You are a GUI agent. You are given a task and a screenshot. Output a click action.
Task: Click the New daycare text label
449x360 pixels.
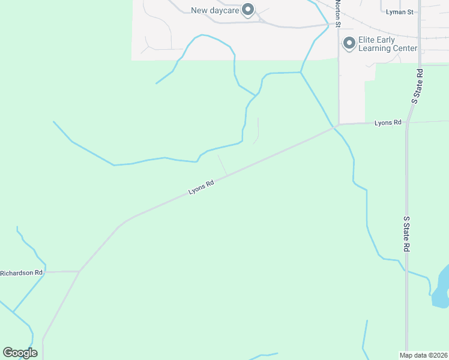pyautogui.click(x=214, y=10)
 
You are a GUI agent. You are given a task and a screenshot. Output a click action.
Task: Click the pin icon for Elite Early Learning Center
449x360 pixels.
pyautogui.click(x=349, y=43)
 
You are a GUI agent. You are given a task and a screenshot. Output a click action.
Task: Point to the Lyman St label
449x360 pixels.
pyautogui.click(x=400, y=11)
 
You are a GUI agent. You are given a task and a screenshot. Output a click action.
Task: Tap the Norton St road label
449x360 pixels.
pyautogui.click(x=338, y=14)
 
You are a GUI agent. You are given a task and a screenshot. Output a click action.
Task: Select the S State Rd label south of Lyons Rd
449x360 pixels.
pyautogui.click(x=406, y=234)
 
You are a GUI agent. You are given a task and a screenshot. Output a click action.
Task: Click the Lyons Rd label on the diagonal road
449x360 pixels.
pyautogui.click(x=201, y=188)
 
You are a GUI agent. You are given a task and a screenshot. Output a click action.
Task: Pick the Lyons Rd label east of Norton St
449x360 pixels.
pyautogui.click(x=387, y=122)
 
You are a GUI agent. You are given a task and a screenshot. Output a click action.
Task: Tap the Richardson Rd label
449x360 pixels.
pyautogui.click(x=22, y=272)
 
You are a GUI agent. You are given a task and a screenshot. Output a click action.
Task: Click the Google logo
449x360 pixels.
pyautogui.click(x=20, y=353)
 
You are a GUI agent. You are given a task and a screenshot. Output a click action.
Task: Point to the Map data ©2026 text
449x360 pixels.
pyautogui.click(x=423, y=355)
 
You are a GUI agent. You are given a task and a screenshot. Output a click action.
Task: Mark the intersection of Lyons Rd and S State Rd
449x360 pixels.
pyautogui.click(x=406, y=122)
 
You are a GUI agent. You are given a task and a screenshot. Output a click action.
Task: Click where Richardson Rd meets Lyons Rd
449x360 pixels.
pyautogui.click(x=79, y=271)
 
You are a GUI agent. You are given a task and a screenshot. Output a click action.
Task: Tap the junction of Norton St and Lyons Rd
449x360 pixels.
pyautogui.click(x=339, y=125)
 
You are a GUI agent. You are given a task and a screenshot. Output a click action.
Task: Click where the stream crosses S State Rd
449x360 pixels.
pyautogui.click(x=406, y=271)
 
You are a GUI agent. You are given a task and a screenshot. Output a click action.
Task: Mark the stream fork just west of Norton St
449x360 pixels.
pyautogui.click(x=301, y=73)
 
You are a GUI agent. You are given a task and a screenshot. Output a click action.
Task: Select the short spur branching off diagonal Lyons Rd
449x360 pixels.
pyautogui.click(x=222, y=165)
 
